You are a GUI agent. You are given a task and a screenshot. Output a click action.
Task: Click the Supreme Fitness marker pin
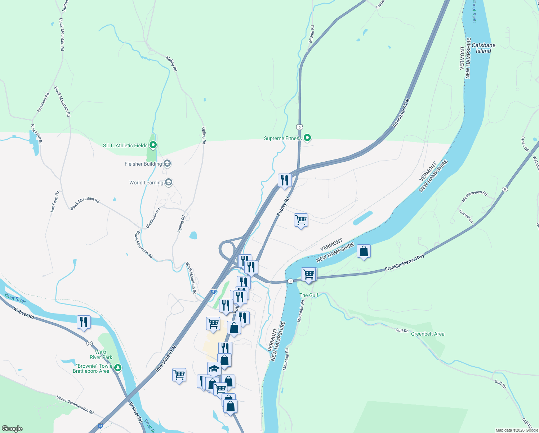coord(307,138)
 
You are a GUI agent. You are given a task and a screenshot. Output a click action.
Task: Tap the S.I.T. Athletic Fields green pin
coord(153,145)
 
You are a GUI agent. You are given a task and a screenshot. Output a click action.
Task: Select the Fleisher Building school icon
coord(167,164)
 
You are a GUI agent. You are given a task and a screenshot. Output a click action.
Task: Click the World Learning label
coord(146,183)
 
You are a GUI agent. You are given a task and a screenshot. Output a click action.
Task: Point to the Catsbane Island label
coord(484,48)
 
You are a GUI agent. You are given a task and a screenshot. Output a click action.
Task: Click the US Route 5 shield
coord(299,127)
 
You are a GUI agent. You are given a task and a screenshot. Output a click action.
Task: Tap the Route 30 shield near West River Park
coord(89,343)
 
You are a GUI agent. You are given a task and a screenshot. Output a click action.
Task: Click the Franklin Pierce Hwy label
coord(404,262)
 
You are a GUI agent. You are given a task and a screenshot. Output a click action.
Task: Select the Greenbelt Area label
coord(428,334)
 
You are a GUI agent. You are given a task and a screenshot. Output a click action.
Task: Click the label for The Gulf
coord(309,295)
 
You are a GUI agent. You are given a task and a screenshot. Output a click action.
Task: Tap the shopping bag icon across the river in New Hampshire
coord(364,251)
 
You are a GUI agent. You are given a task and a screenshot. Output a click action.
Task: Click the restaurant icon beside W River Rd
coord(84,322)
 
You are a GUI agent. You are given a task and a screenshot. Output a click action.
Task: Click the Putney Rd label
coord(283,206)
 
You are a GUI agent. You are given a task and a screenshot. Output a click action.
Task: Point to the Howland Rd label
coord(43,102)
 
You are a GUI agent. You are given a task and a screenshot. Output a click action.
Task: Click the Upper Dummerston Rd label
coord(75,404)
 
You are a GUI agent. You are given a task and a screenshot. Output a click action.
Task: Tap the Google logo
coord(12,429)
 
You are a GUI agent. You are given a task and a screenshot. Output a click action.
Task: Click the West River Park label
coord(101,355)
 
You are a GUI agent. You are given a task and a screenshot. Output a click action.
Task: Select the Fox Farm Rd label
coord(55,202)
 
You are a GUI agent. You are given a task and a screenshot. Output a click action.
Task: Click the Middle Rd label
coord(312,34)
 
